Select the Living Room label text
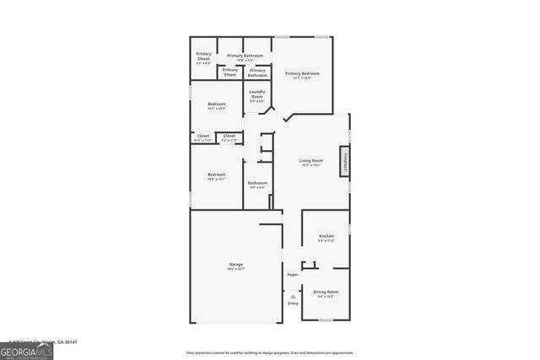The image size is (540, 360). (x=311, y=160)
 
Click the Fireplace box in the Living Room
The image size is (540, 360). (x=344, y=160)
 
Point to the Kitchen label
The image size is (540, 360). (x=326, y=235)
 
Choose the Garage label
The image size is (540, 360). (x=235, y=265)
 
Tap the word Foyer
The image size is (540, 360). (x=292, y=275)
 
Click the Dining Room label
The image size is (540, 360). (x=326, y=292)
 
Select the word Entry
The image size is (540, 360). (x=293, y=304)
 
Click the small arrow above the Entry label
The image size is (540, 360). (x=293, y=296)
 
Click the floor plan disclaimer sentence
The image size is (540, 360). (x=281, y=352)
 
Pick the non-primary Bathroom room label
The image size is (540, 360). (x=257, y=183)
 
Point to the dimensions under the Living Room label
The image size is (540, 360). (x=311, y=165)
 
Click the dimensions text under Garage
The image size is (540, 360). (x=235, y=270)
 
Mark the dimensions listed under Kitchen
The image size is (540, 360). (x=326, y=240)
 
